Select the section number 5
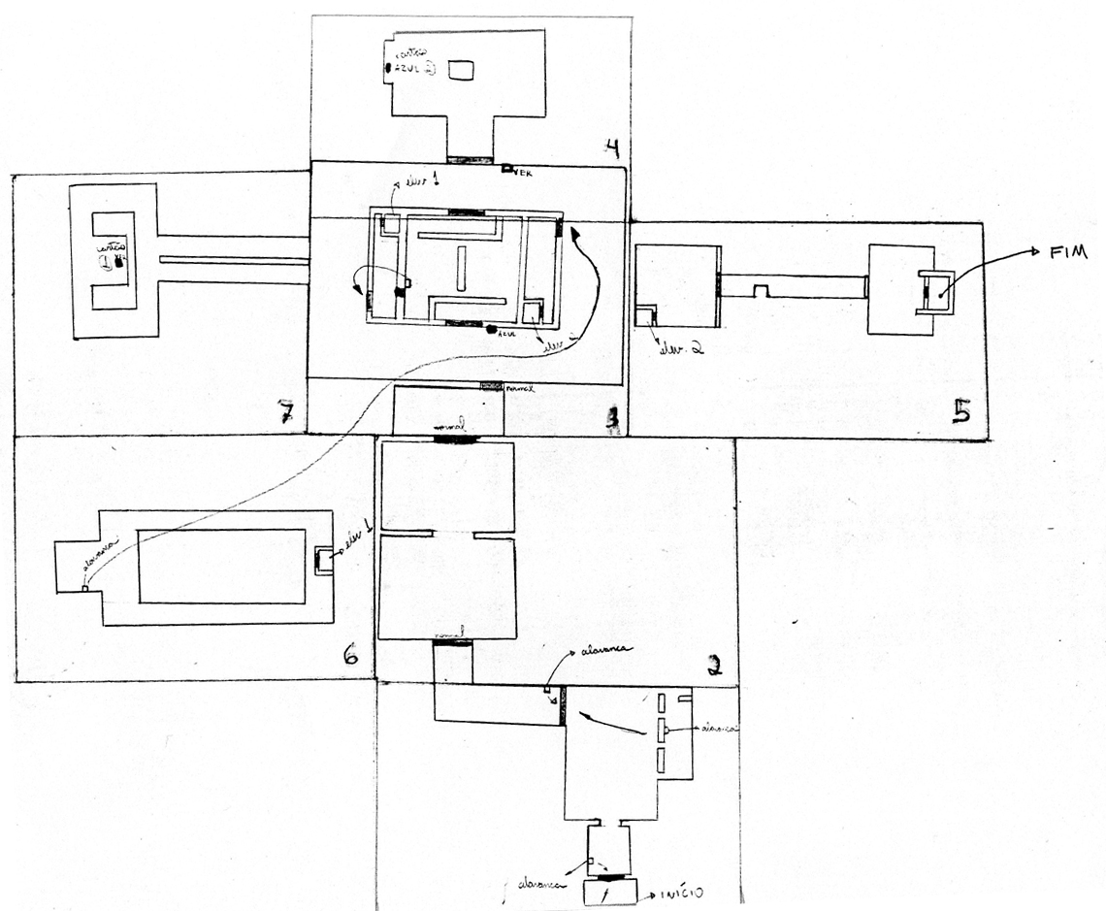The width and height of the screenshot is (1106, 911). coord(960,412)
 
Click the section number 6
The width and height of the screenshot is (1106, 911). coord(350,657)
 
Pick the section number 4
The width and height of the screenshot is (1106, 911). coord(611,147)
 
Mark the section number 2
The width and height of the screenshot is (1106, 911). coord(715,665)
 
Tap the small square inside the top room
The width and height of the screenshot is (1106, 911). coord(463,70)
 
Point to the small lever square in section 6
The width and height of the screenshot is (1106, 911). coord(85,588)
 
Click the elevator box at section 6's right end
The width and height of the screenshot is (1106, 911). coord(324,562)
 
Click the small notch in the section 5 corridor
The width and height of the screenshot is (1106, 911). coord(762,290)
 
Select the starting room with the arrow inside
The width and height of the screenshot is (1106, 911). coord(608,893)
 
